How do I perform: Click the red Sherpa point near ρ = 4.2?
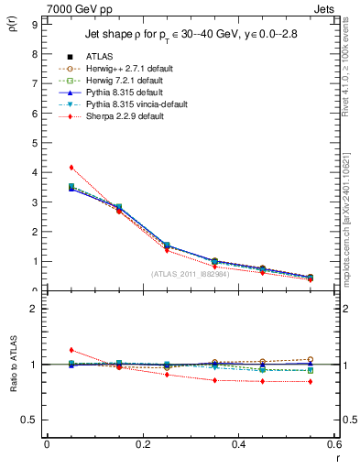click(71, 167)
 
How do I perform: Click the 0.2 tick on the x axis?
click(142, 443)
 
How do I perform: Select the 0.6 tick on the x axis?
click(333, 443)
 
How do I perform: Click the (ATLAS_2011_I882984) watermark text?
click(189, 274)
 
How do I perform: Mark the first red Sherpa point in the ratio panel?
click(71, 350)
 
